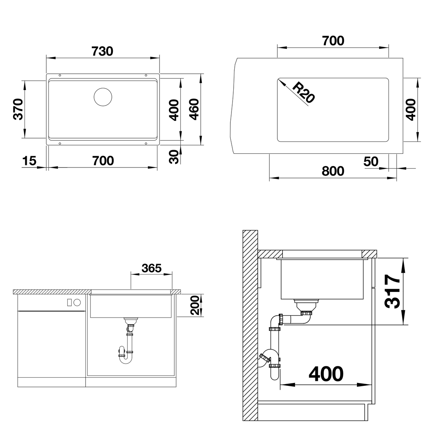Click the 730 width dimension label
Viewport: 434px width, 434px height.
pyautogui.click(x=102, y=51)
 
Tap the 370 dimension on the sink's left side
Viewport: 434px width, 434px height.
pyautogui.click(x=18, y=109)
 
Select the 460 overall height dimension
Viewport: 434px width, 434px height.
pyautogui.click(x=194, y=110)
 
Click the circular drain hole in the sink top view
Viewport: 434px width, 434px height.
pyautogui.click(x=103, y=97)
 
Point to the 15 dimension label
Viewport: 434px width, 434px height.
pyautogui.click(x=29, y=161)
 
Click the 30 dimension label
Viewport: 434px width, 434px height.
pyautogui.click(x=174, y=157)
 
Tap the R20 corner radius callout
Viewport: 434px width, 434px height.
pyautogui.click(x=303, y=92)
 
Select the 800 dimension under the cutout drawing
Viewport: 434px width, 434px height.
pyautogui.click(x=333, y=171)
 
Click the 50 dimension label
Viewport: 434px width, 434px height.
pyautogui.click(x=371, y=161)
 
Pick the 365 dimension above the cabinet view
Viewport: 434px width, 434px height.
pyautogui.click(x=152, y=268)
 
